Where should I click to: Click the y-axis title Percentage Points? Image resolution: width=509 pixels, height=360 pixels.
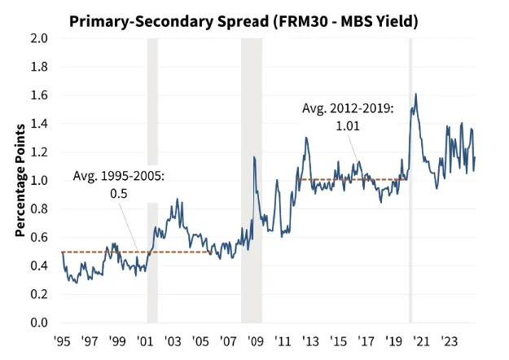coord(20,181)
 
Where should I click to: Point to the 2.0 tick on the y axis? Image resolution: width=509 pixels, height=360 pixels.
coord(38,38)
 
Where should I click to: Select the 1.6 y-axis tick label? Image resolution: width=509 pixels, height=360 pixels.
coord(38,95)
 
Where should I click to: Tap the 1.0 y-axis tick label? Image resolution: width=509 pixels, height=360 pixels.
coord(38,181)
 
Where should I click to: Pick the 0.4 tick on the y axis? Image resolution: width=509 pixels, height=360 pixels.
coord(38,266)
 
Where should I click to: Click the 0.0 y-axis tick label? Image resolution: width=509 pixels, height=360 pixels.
coord(38,323)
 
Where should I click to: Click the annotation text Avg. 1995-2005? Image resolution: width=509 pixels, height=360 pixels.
coord(119,176)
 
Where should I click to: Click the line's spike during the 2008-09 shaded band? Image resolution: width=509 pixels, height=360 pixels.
coord(254,157)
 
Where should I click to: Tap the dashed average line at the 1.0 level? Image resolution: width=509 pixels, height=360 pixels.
coord(350,180)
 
